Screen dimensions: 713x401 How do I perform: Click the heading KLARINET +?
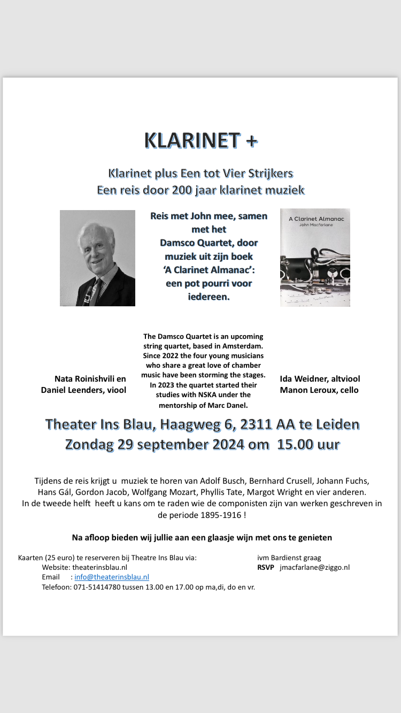point(201,141)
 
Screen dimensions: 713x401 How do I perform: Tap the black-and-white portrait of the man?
point(97,258)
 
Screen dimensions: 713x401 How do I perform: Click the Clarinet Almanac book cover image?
point(315,258)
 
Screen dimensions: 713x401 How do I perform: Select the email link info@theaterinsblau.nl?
point(112,577)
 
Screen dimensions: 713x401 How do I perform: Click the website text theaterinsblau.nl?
point(99,567)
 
